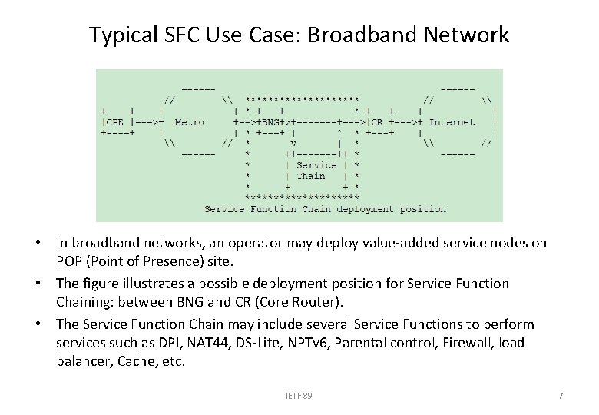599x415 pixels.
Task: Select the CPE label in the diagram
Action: (x=114, y=121)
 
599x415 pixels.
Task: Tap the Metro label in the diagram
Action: (x=189, y=121)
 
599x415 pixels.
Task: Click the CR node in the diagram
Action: (x=376, y=121)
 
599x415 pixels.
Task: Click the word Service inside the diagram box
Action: (x=316, y=164)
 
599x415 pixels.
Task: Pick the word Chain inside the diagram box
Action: (x=310, y=175)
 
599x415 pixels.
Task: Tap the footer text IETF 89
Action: (x=299, y=396)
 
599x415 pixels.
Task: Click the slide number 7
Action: (x=561, y=396)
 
